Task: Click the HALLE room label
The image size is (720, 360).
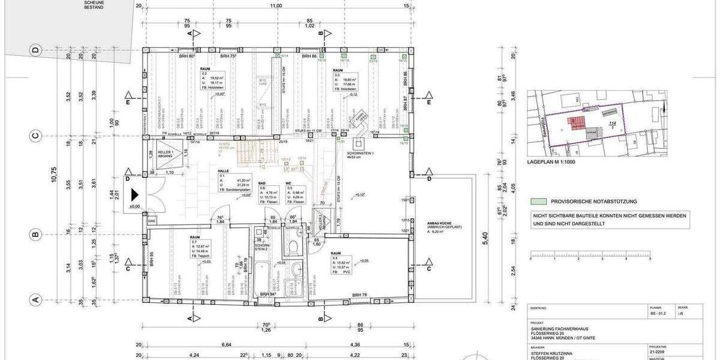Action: click(224, 171)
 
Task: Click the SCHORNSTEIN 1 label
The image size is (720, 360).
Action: click(360, 153)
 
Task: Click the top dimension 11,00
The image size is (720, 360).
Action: click(275, 6)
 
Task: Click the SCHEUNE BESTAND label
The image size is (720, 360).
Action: click(94, 5)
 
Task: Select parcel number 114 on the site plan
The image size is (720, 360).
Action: click(612, 124)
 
